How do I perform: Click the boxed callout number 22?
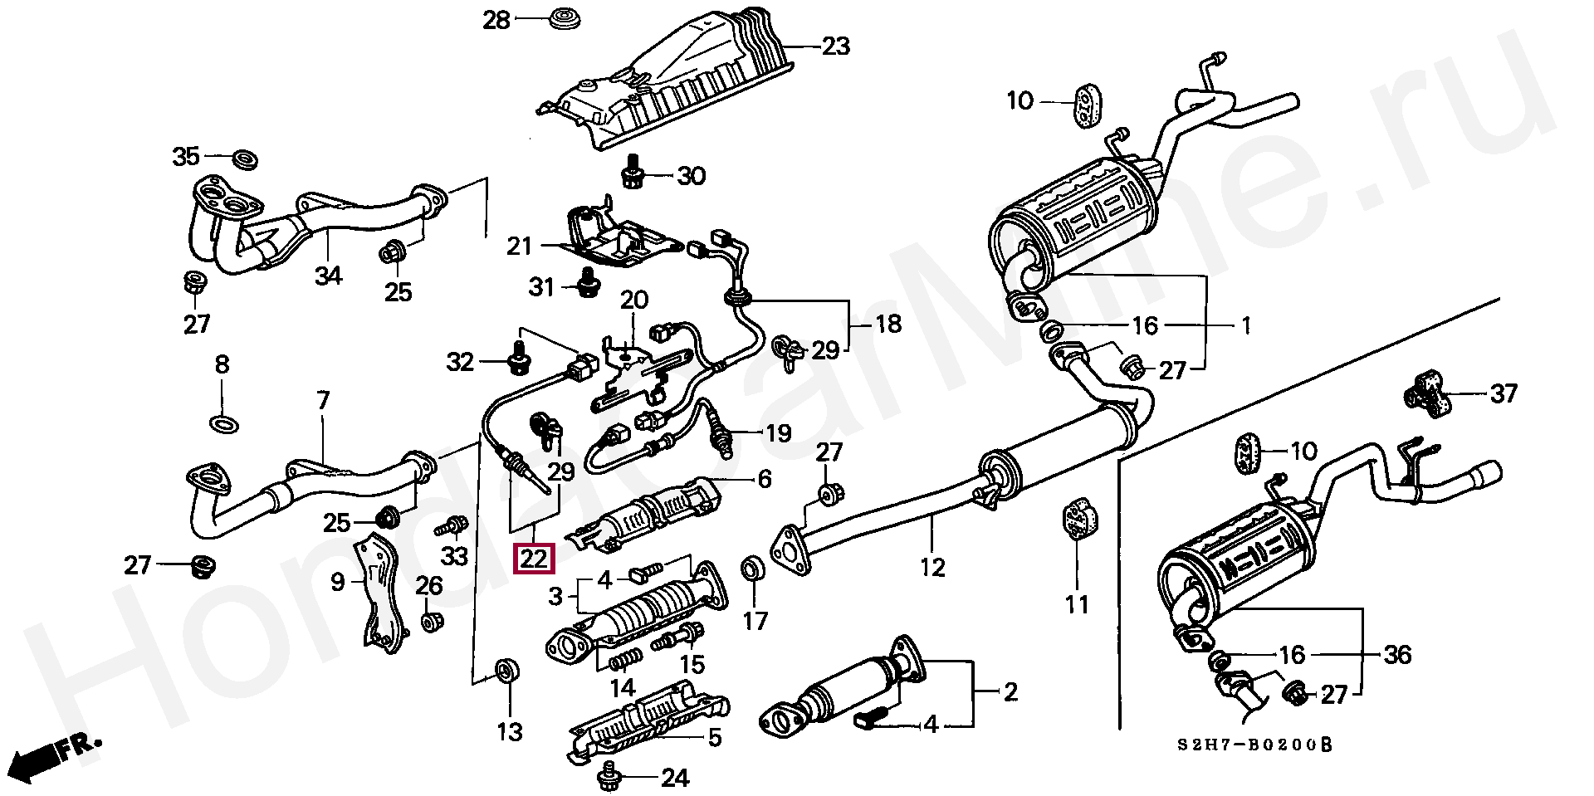click(535, 558)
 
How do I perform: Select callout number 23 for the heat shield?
click(835, 46)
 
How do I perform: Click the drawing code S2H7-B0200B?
click(1254, 745)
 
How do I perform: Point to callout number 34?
click(329, 275)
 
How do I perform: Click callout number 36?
click(1398, 655)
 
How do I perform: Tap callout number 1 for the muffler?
click(1245, 325)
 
